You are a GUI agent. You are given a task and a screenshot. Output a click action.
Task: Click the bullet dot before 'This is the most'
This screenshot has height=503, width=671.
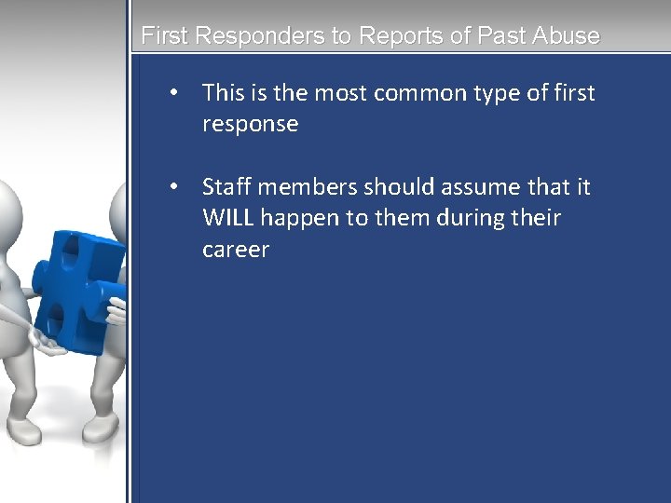[173, 93]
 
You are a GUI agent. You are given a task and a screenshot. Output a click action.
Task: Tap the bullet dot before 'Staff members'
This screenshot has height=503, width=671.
[173, 187]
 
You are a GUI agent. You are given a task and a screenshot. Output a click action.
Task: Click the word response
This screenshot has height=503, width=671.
[250, 125]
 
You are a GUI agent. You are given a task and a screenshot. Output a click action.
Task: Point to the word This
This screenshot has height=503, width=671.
[223, 93]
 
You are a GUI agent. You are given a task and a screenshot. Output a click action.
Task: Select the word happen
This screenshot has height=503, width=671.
[300, 219]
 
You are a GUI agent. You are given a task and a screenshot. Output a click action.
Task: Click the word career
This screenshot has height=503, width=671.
[235, 250]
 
